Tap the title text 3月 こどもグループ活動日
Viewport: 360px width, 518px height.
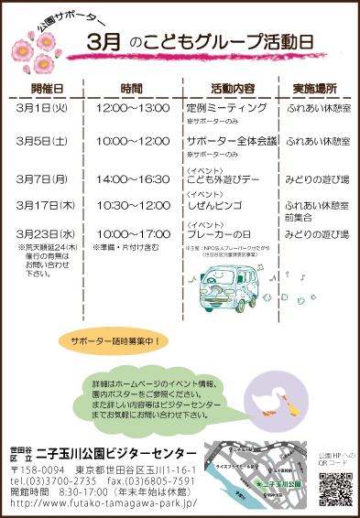(201, 42)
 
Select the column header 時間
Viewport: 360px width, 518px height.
(132, 89)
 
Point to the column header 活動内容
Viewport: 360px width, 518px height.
(232, 89)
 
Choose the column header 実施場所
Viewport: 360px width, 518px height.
(314, 89)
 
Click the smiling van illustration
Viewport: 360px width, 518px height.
(229, 288)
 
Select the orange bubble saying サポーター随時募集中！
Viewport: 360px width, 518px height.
(115, 341)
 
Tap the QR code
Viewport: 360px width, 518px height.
(335, 490)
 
